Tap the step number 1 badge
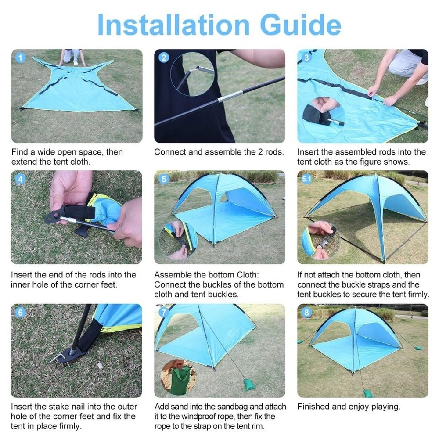(20, 58)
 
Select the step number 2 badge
(164, 58)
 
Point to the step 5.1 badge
(307, 180)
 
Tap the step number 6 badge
(20, 313)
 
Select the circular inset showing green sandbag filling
(178, 377)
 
